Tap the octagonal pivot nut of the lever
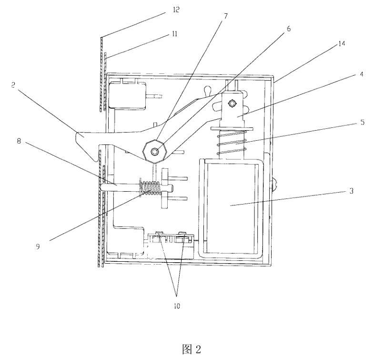pyautogui.click(x=154, y=151)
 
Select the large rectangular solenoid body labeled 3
pyautogui.click(x=231, y=205)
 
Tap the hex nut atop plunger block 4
pyautogui.click(x=232, y=103)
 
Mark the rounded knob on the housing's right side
pyautogui.click(x=275, y=184)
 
